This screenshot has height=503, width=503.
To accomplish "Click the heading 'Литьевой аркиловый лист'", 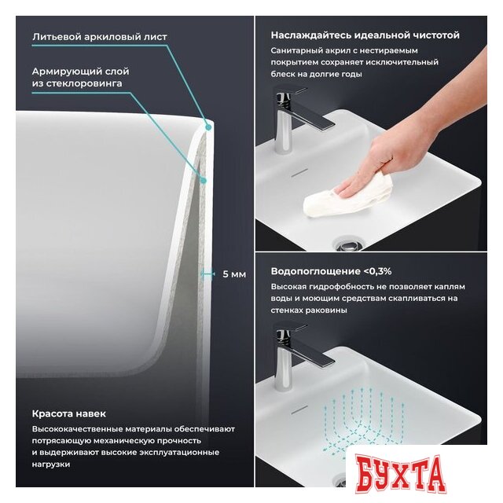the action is coord(100,37).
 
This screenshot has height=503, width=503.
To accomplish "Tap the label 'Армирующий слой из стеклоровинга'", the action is coord(80,77).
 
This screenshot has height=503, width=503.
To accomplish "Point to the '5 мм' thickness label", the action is coord(234,274).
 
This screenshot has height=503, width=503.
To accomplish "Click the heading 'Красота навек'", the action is coord(69,413).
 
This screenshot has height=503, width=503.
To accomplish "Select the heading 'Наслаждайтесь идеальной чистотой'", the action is coord(365,35).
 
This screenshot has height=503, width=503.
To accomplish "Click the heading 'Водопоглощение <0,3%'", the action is coord(331,271).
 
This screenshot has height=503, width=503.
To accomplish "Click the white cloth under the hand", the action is coord(348,196).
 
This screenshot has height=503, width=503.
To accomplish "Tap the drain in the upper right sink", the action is coord(348,244).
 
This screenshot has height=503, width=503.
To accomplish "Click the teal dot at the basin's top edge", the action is coord(208,127).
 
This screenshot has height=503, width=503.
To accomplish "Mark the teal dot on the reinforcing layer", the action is coord(203,181).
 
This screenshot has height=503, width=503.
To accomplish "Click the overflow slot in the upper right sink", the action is coord(299,173).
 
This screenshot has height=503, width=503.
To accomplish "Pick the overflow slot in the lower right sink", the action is coord(299,409).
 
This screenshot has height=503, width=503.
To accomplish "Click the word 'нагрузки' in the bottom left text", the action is coord(51,464).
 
